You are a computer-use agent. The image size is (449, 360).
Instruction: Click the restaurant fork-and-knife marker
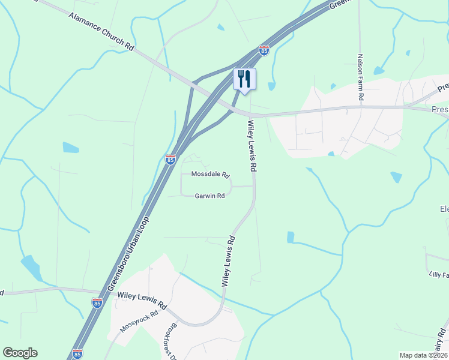[244, 79]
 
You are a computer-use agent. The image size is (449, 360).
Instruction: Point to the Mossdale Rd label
[211, 175]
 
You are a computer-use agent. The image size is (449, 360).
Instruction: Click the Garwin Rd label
[209, 196]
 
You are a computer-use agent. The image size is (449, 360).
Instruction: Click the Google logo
[20, 353]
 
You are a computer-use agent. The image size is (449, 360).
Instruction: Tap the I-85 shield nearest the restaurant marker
[264, 50]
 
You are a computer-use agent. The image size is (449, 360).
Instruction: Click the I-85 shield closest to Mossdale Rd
[170, 160]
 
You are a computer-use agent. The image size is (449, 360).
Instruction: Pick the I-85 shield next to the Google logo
[76, 355]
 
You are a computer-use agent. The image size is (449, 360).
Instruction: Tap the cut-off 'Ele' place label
[444, 209]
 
